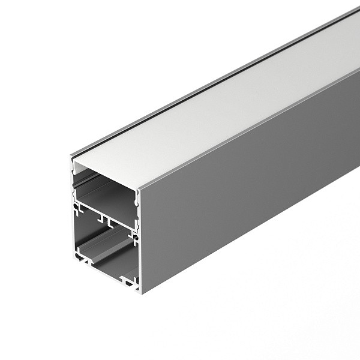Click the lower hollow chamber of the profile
[x=105, y=246]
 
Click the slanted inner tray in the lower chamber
[x=105, y=252]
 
